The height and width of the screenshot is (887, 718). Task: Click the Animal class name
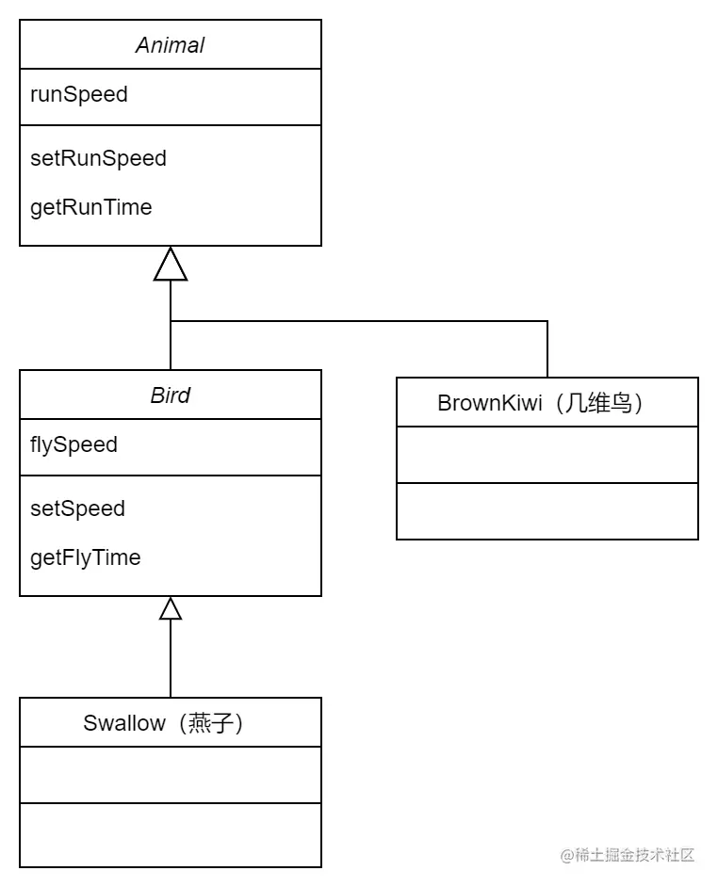tap(171, 45)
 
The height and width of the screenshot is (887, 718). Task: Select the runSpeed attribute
tap(79, 95)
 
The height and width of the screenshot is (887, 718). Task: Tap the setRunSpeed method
tap(98, 158)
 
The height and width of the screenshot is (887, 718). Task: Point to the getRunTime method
tap(90, 207)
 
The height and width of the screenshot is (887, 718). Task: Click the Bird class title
tap(171, 395)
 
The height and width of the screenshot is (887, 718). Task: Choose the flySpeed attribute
tap(73, 444)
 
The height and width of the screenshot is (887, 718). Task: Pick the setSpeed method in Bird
tap(77, 508)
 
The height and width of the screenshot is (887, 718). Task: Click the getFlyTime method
tap(85, 557)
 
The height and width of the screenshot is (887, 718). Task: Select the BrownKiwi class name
tap(490, 403)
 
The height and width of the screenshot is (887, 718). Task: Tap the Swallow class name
tap(124, 723)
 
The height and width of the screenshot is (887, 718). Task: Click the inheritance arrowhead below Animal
tap(171, 265)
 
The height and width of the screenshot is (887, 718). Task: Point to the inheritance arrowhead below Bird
tap(171, 609)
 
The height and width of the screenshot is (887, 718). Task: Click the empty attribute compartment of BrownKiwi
tap(547, 455)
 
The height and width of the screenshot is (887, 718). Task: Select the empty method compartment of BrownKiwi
tap(547, 510)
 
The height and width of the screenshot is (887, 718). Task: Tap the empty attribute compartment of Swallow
tap(171, 775)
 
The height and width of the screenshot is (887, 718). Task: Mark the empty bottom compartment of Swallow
tap(171, 834)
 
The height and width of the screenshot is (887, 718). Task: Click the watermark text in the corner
tap(628, 855)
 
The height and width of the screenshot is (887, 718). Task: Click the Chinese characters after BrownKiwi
tap(599, 403)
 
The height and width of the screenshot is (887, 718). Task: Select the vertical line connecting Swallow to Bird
tap(171, 659)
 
